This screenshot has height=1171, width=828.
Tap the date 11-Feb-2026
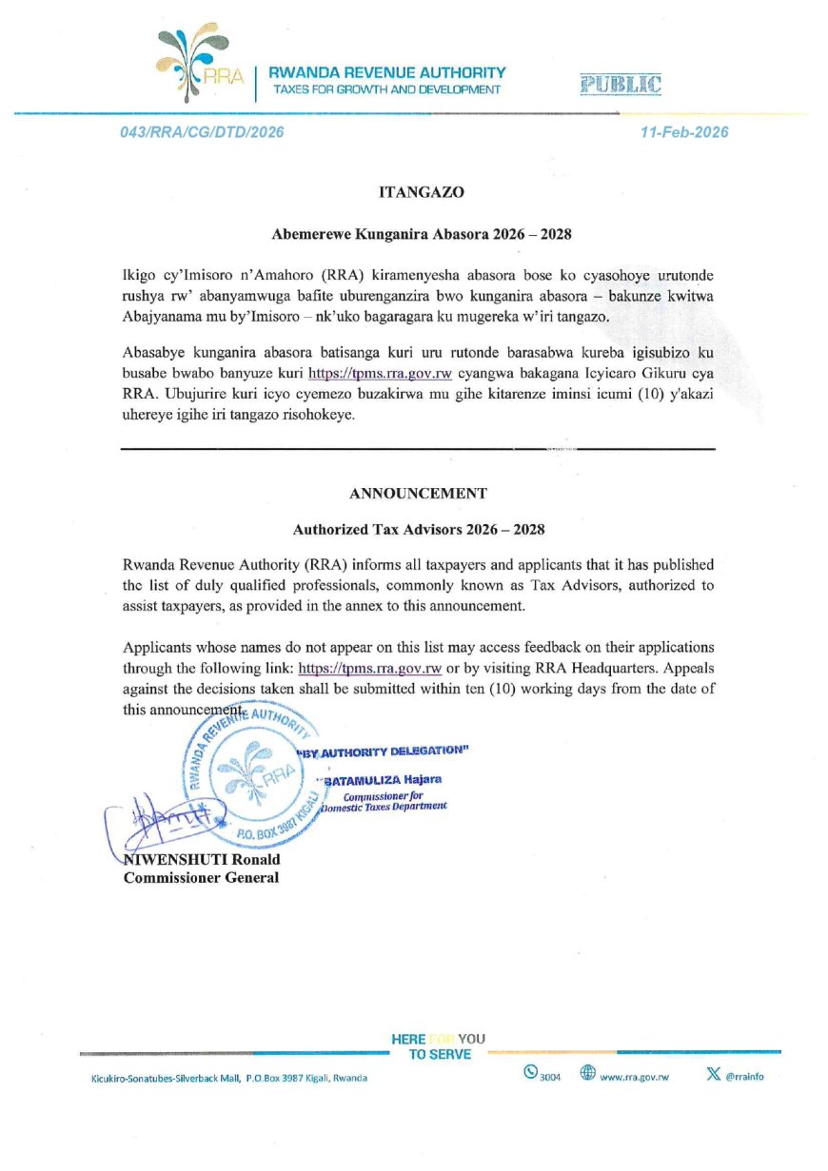pos(684,132)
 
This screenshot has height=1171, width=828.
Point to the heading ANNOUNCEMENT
pos(419,494)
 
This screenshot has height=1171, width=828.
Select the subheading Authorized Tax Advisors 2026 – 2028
pos(419,529)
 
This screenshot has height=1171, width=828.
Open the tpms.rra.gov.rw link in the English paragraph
pos(370,669)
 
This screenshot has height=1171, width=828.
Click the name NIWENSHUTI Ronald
pos(203,860)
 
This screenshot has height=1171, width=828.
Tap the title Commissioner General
pos(202,878)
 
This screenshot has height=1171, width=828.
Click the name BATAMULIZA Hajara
pos(383,781)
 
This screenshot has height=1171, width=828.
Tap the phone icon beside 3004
pos(530,1073)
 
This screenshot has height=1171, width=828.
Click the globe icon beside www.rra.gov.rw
pos(587,1073)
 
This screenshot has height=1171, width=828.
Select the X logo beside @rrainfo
pos(713,1074)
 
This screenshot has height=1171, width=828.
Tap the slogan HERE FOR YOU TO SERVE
pos(439,1046)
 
